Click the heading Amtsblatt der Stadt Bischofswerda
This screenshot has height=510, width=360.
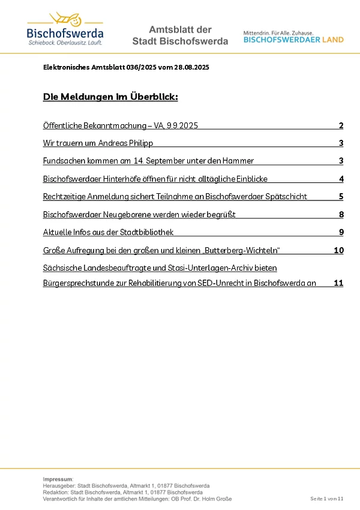coord(180,36)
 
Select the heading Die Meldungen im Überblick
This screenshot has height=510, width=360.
coord(110,97)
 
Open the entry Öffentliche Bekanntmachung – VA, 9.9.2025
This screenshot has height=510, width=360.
coord(121,126)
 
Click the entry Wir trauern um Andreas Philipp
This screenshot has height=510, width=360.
coord(98,143)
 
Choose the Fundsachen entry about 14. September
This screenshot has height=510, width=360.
coord(148,161)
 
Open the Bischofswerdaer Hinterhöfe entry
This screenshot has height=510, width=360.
coord(155,179)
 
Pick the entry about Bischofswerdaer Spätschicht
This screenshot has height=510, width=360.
coord(175,197)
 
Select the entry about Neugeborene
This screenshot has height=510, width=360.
coord(139,214)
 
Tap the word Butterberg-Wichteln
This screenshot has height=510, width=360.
coord(245,250)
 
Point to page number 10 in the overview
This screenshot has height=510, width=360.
coord(339,250)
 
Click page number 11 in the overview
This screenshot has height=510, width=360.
coord(338,283)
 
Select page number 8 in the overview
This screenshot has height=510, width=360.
coord(341,214)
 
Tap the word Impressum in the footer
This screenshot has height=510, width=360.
coord(58,479)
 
